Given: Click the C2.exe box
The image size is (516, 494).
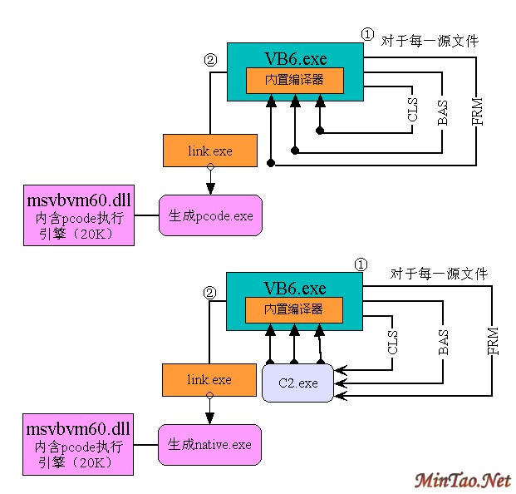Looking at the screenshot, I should coord(297,383).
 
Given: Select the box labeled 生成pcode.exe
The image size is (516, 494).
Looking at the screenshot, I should coord(210,215).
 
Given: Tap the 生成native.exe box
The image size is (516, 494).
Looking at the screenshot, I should coord(209,445).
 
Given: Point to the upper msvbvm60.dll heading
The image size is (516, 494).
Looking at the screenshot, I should coord(79,200).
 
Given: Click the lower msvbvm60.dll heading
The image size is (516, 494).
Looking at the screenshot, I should coord(79,430).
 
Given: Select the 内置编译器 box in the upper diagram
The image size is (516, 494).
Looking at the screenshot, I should coord(294,81).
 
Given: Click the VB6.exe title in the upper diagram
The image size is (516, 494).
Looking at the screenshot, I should coord(295,58).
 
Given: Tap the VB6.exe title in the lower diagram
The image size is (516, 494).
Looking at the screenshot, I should coord(295,289).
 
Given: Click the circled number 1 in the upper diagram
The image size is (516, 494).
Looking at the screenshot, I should coord(367,34).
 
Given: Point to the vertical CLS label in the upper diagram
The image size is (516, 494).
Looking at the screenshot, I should coord(413,110).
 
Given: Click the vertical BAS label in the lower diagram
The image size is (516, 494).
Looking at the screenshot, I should coord(443,342).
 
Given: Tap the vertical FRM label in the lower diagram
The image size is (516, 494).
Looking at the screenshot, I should coord(493,342).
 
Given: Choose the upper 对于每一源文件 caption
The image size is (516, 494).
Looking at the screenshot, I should coord(430,40).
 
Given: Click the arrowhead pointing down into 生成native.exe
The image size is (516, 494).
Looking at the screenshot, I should coord(209,417).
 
